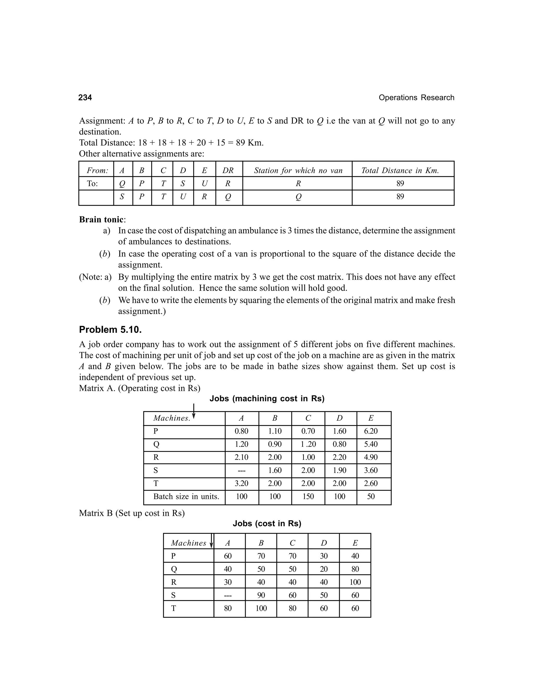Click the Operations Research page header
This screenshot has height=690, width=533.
pyautogui.click(x=416, y=98)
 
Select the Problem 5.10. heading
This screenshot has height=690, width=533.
pyautogui.click(x=110, y=330)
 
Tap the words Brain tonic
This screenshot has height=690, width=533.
pyautogui.click(x=101, y=219)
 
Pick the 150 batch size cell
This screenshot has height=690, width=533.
pyautogui.click(x=308, y=496)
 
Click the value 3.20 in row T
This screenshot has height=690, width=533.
pyautogui.click(x=241, y=483)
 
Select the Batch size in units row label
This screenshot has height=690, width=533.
pyautogui.click(x=186, y=496)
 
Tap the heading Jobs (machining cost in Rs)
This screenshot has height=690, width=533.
pyautogui.click(x=267, y=399)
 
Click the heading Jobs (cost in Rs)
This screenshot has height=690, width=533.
pyautogui.click(x=267, y=524)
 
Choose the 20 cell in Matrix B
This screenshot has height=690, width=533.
pyautogui.click(x=324, y=569)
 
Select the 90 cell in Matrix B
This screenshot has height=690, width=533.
pyautogui.click(x=261, y=595)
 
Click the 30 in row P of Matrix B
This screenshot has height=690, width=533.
pyautogui.click(x=324, y=556)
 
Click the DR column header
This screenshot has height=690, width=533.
pyautogui.click(x=228, y=171)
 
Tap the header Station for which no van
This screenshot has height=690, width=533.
pyautogui.click(x=298, y=171)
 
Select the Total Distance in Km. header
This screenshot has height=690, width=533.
pyautogui.click(x=400, y=171)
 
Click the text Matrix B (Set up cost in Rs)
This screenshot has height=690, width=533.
pyautogui.click(x=132, y=513)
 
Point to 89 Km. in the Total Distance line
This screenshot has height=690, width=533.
pyautogui.click(x=249, y=143)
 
